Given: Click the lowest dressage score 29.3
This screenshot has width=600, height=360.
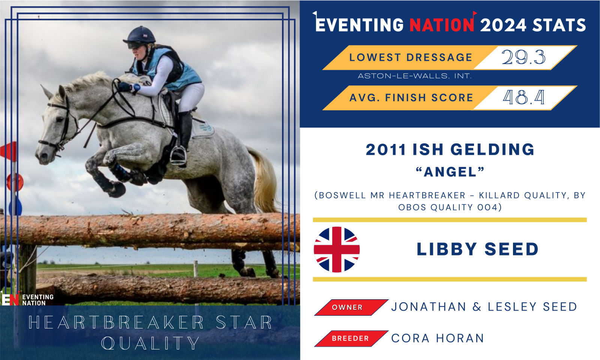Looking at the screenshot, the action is pyautogui.click(x=523, y=57).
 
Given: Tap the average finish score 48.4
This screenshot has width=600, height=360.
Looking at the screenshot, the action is pyautogui.click(x=523, y=97).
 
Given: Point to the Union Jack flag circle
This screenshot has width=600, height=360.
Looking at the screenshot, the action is pyautogui.click(x=337, y=249).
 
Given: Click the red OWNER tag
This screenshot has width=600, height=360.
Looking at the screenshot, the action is pyautogui.click(x=351, y=307).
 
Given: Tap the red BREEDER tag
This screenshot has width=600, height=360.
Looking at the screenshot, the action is pyautogui.click(x=351, y=338).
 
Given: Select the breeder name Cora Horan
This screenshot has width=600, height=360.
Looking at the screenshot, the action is pyautogui.click(x=437, y=338).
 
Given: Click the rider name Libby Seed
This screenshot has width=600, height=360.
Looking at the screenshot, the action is pyautogui.click(x=478, y=249).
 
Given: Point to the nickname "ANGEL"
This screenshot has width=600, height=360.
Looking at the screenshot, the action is pyautogui.click(x=450, y=172).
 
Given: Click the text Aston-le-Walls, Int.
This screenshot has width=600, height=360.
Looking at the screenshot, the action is pyautogui.click(x=415, y=76).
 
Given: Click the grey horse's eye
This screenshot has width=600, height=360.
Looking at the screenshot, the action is pyautogui.click(x=59, y=118).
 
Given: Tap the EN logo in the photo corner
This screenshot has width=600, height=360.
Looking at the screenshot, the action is pyautogui.click(x=10, y=298).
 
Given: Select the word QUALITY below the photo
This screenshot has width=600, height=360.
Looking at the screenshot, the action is pyautogui.click(x=150, y=343).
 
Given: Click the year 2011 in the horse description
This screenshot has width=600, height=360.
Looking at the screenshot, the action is pyautogui.click(x=386, y=150).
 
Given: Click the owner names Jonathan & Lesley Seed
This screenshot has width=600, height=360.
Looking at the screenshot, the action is pyautogui.click(x=484, y=307).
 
